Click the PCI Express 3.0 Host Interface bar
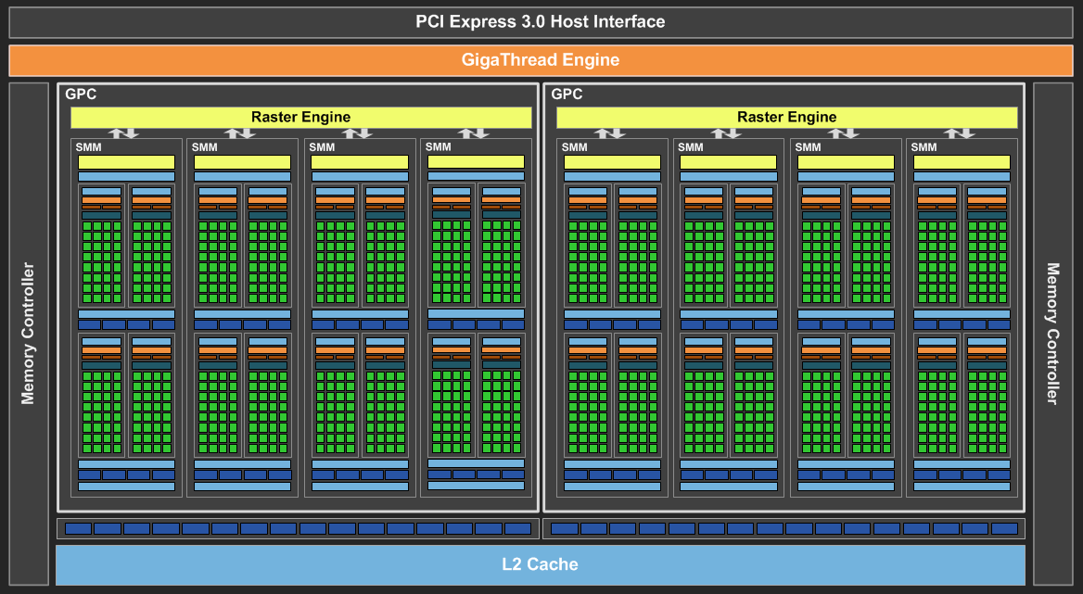[x=541, y=22]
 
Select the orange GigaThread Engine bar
[x=541, y=60]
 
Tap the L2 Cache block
[x=541, y=564]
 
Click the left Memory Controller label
[x=28, y=334]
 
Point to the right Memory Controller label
[x=1052, y=334]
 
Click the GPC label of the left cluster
[x=81, y=94]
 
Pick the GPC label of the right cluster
[x=567, y=94]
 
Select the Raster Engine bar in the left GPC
[x=301, y=118]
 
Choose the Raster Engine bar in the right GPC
[x=786, y=118]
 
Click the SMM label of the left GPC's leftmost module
[x=88, y=147]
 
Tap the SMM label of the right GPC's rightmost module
[x=924, y=147]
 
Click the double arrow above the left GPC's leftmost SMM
[x=123, y=133]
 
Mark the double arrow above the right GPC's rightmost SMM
[x=959, y=133]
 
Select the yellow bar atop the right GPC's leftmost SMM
[x=612, y=162]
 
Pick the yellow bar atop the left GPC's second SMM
[x=242, y=162]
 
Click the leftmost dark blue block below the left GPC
[x=78, y=528]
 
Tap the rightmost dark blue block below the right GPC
[x=1004, y=528]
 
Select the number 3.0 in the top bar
[x=533, y=22]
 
